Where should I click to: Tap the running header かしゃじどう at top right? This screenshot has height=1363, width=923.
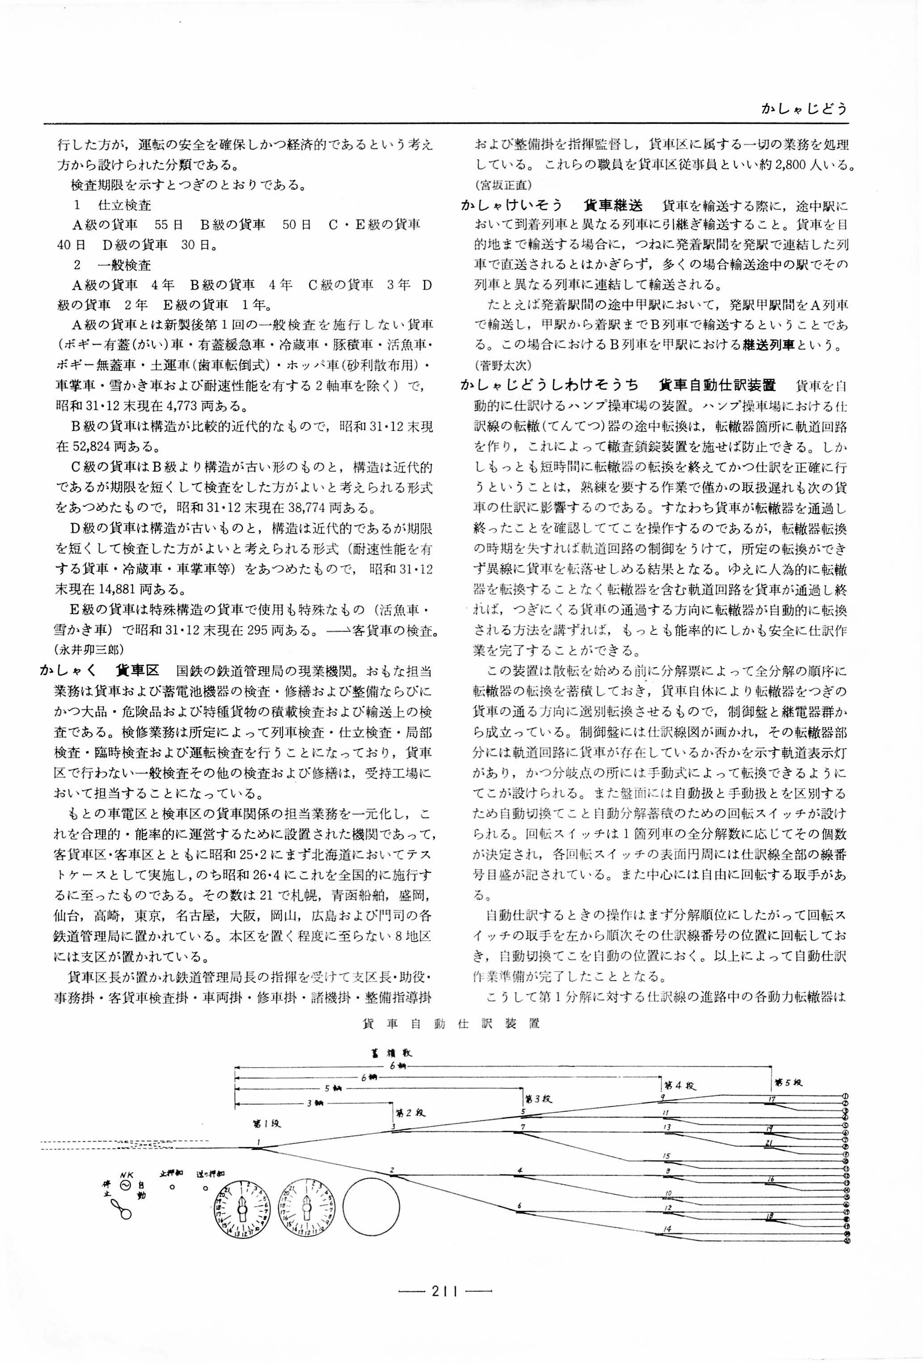(803, 109)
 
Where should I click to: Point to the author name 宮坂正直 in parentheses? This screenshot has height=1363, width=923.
(503, 185)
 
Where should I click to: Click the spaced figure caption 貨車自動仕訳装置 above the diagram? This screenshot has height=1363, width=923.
(451, 1024)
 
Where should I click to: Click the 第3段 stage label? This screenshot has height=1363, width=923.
(538, 1098)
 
